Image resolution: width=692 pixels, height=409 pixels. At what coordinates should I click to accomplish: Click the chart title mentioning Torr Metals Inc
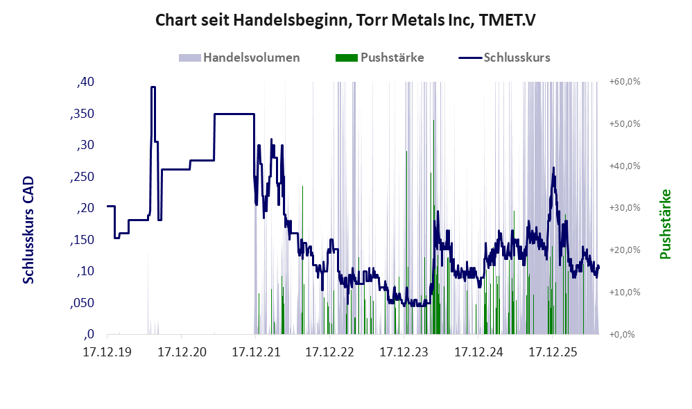[x=345, y=20]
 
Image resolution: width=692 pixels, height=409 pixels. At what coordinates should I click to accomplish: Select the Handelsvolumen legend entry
[x=239, y=58]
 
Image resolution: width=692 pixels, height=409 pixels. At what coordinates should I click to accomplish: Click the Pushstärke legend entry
[x=379, y=58]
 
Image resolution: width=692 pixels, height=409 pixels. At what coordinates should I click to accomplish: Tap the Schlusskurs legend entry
[x=504, y=58]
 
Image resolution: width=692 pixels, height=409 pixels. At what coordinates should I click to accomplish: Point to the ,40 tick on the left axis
[x=85, y=82]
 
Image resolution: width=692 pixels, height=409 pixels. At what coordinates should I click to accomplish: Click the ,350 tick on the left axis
[x=82, y=114]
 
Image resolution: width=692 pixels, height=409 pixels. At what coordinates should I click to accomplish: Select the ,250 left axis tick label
[x=82, y=177]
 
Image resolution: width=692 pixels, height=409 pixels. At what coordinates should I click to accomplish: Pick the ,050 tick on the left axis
[x=82, y=303]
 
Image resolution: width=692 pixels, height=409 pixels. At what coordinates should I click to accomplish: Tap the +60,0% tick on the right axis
[x=625, y=82]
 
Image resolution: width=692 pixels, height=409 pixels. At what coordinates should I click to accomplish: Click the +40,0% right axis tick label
[x=625, y=166]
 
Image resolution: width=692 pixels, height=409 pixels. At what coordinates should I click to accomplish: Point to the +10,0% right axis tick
[x=625, y=292]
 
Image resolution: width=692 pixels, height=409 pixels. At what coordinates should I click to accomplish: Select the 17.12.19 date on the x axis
[x=107, y=352]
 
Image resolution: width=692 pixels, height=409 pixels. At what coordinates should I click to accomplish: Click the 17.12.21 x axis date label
[x=256, y=352]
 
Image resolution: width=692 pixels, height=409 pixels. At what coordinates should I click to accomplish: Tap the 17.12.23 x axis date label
[x=404, y=352]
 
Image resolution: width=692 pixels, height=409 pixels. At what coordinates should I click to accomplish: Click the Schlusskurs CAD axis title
[x=28, y=230]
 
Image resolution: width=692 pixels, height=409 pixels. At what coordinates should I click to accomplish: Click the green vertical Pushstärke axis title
[x=665, y=224]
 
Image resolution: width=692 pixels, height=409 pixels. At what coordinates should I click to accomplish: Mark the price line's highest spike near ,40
[x=153, y=87]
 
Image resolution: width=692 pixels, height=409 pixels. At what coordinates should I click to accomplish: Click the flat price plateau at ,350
[x=234, y=114]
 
